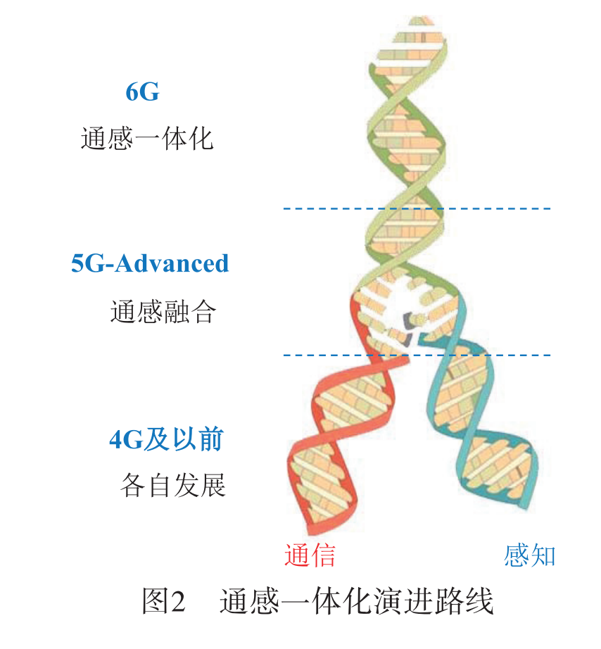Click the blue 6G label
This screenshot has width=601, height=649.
(x=142, y=92)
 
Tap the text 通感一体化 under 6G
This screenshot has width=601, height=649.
(x=146, y=138)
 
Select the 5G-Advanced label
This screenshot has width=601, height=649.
(x=150, y=263)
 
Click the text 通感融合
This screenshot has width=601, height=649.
(x=163, y=312)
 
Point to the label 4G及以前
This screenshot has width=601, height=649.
(x=167, y=439)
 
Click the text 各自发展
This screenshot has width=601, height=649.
(x=172, y=486)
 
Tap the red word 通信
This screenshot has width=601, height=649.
(x=310, y=555)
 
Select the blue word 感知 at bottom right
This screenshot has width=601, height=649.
(x=530, y=555)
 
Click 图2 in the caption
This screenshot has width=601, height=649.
(x=163, y=603)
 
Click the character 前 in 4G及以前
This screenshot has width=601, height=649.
(x=210, y=439)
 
